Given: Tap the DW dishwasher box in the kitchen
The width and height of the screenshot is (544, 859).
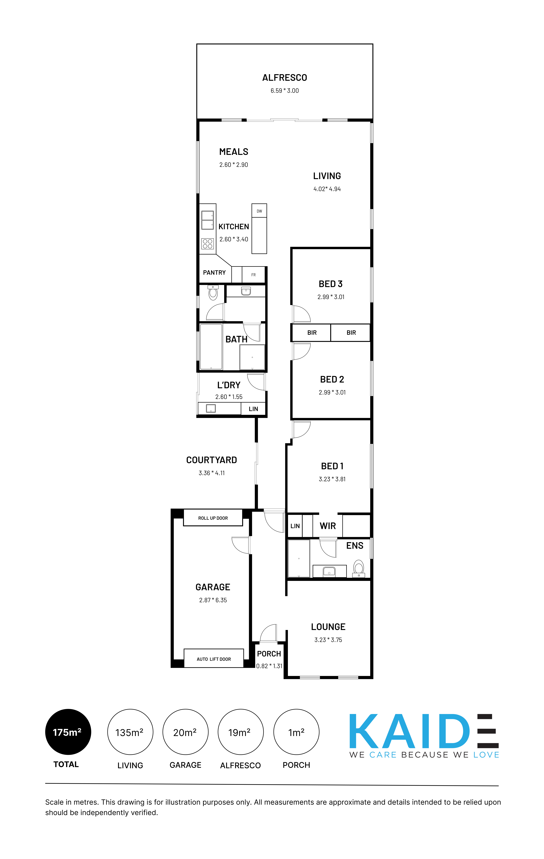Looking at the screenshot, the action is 259,211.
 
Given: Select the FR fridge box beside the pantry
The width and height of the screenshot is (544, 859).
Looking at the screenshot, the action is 253,275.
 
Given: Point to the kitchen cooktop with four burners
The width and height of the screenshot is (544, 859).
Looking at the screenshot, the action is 208,244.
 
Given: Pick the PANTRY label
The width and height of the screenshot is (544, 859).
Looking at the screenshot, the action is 214,273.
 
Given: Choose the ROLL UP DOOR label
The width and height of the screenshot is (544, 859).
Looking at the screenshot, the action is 213,518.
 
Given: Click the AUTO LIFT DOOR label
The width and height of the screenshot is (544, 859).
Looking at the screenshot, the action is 214,659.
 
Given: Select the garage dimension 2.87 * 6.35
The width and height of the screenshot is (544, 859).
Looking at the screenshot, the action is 213,600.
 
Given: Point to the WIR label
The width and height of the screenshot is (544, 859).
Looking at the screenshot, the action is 328,526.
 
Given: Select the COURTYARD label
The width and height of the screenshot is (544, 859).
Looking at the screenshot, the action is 212,460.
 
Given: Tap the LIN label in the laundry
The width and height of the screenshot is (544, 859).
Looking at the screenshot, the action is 253,409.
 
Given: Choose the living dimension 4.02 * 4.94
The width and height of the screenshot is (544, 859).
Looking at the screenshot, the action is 327,189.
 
